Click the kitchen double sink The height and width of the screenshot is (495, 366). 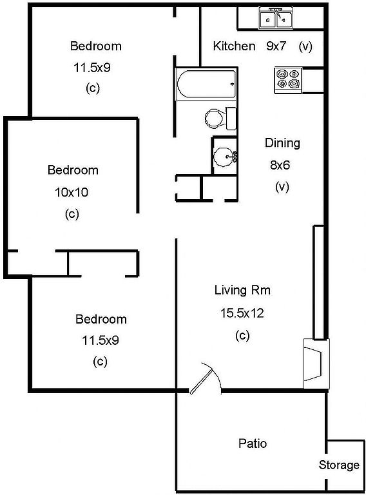coord(276,18)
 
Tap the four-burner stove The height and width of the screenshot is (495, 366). coord(288,80)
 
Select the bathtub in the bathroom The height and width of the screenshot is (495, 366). coord(206,84)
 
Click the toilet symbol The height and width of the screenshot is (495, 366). coord(220,119)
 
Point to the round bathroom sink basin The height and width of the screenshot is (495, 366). coord(224,156)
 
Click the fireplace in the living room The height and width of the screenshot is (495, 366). coord(316,364)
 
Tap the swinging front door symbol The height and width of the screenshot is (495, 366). coord(205,378)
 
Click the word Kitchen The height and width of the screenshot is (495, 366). coord(234,46)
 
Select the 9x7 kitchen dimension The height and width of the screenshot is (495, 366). coord(276,46)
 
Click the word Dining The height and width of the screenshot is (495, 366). coord(282,143)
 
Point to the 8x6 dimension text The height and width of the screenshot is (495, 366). coord(280,165)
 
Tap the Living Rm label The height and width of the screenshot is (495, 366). coord(242,290)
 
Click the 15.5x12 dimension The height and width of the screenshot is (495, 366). coord(242,313)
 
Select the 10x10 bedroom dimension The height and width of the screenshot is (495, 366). coord(72,192)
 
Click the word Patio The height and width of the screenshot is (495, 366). coord(253,443)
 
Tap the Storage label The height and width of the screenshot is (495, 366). coord(339,465)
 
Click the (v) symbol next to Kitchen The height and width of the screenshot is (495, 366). coord(305,46)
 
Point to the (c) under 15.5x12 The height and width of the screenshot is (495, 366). coord(242,335)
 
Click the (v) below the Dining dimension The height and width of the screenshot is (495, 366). coord(282,187)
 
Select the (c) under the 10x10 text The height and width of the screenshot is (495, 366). coord(72,215)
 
